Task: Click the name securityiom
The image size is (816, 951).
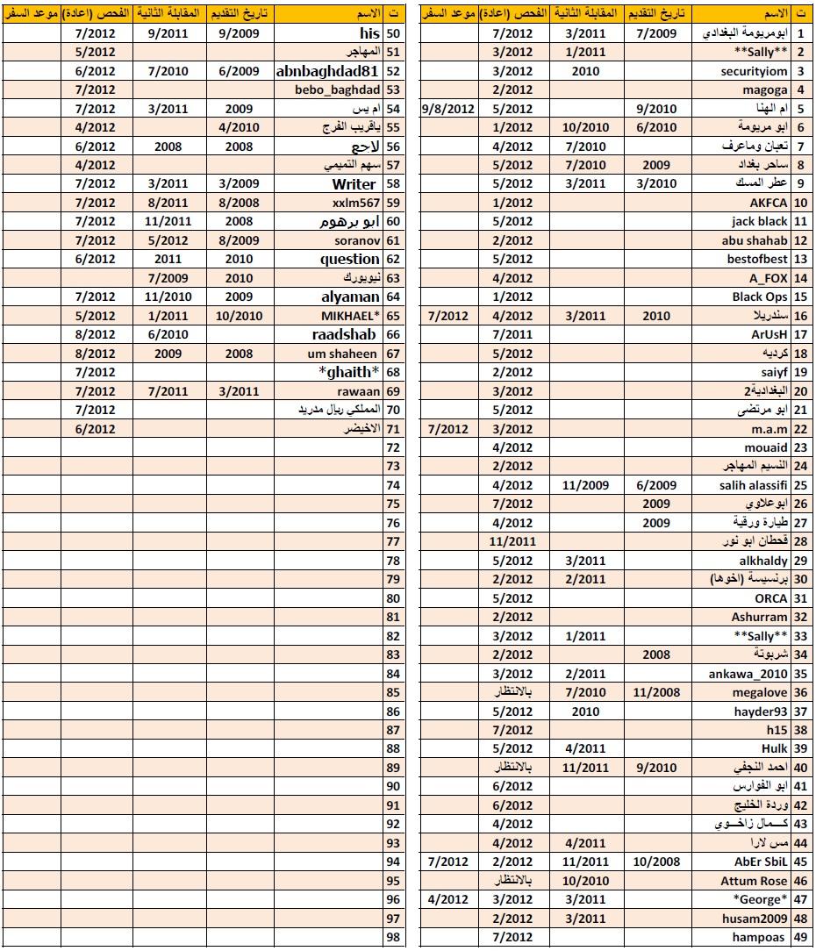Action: coord(755,71)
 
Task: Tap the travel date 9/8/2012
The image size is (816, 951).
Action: coord(448,109)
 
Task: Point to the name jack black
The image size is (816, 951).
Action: coord(760,221)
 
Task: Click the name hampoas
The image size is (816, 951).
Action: coord(762,938)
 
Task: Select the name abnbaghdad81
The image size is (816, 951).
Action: coord(327,71)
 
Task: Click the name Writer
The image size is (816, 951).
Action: coord(354,184)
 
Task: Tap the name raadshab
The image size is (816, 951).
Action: coord(344,334)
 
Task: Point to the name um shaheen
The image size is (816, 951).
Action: coord(342,354)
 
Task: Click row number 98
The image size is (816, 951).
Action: coord(392,938)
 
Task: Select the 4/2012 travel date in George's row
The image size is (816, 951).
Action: coord(448,900)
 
